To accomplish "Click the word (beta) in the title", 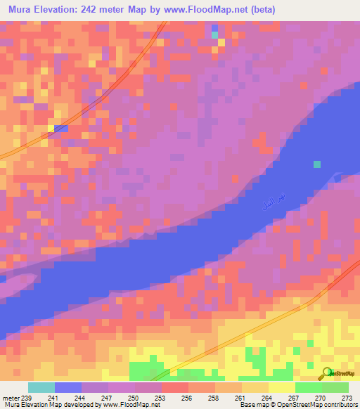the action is point(259,10).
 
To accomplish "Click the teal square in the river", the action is point(317,164).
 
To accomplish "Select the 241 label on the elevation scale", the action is point(52,397).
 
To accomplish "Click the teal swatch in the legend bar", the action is point(41,387).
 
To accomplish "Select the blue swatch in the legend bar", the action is point(67,387).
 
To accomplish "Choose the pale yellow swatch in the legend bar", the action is point(281,387).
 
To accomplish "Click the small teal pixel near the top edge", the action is point(214,34).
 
